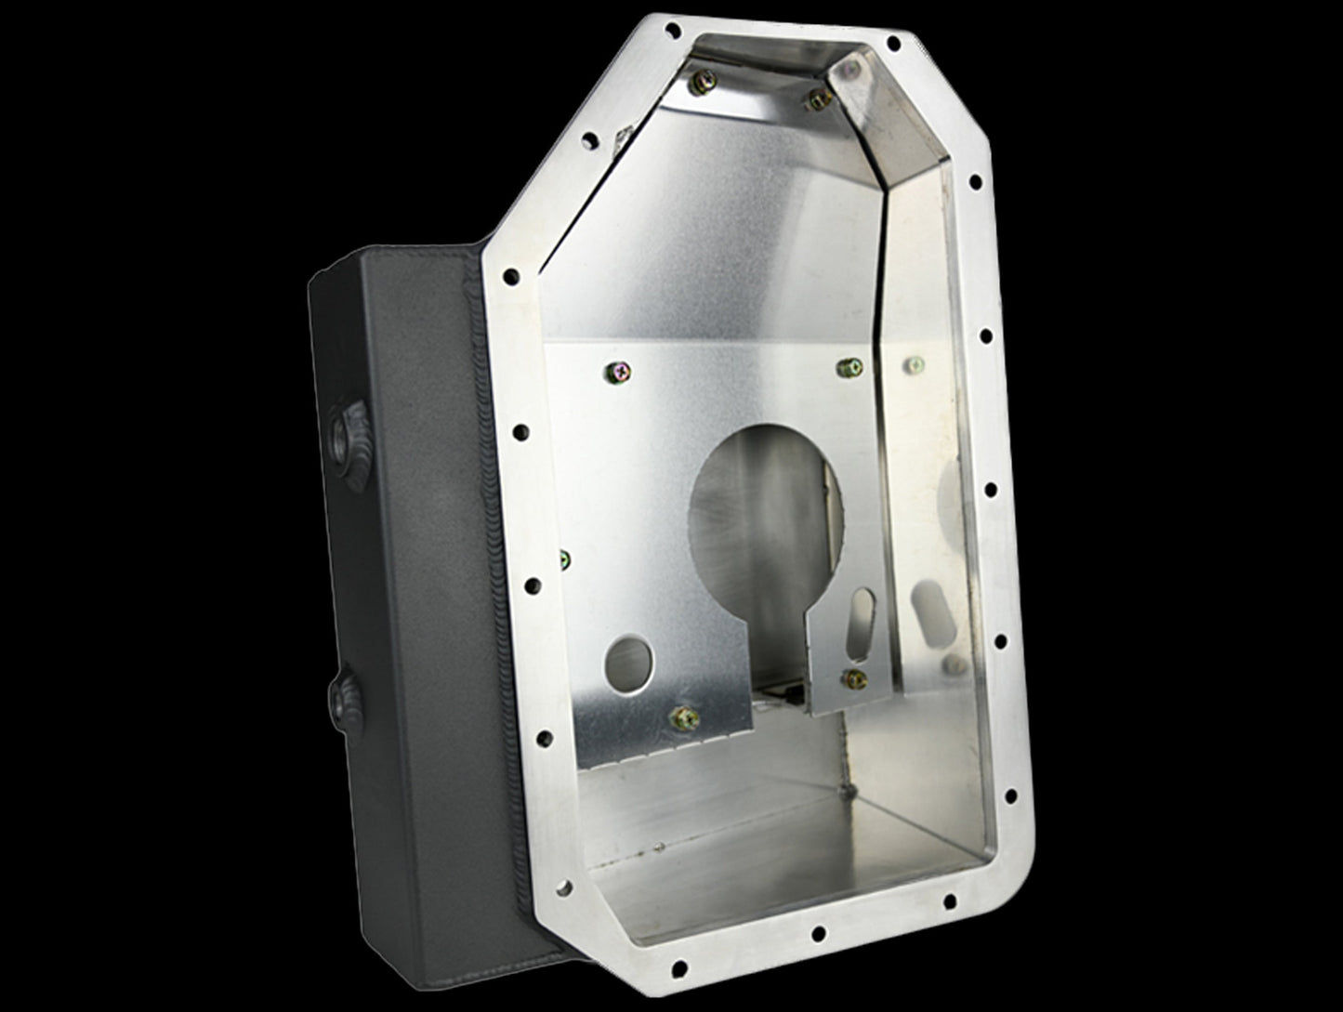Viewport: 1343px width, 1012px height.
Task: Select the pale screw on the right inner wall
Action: pyautogui.click(x=915, y=365)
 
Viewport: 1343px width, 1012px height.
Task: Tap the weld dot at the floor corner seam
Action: pyautogui.click(x=844, y=793)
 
